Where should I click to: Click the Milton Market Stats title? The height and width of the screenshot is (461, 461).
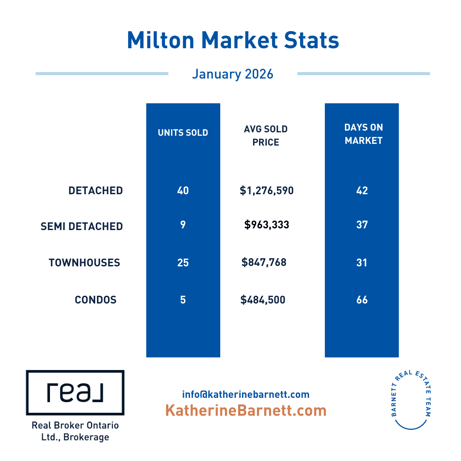pyautogui.click(x=233, y=40)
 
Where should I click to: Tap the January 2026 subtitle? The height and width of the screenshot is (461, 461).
pyautogui.click(x=233, y=74)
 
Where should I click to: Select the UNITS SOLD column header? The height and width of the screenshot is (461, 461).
pyautogui.click(x=183, y=133)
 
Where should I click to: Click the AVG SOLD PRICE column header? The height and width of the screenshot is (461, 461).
pyautogui.click(x=266, y=136)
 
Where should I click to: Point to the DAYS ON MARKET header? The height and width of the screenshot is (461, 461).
pyautogui.click(x=364, y=134)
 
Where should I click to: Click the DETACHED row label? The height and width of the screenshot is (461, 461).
pyautogui.click(x=96, y=190)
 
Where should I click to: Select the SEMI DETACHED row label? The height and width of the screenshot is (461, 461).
pyautogui.click(x=82, y=226)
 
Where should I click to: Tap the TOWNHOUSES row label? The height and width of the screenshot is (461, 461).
pyautogui.click(x=85, y=263)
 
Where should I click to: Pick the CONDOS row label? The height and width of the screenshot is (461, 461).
pyautogui.click(x=96, y=300)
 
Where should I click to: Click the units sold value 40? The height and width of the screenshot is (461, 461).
pyautogui.click(x=183, y=190)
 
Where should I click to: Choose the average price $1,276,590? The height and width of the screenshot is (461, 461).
pyautogui.click(x=267, y=190)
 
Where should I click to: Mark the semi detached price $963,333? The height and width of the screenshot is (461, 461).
pyautogui.click(x=267, y=225)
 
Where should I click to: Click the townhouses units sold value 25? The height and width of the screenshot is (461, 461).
pyautogui.click(x=183, y=263)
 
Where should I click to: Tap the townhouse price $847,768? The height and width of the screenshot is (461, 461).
pyautogui.click(x=264, y=262)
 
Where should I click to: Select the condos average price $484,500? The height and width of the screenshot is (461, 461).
pyautogui.click(x=263, y=300)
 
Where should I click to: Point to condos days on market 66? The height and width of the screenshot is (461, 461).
pyautogui.click(x=362, y=300)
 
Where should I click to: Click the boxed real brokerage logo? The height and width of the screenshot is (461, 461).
pyautogui.click(x=75, y=393)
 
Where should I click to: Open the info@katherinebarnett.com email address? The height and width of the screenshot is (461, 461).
pyautogui.click(x=246, y=394)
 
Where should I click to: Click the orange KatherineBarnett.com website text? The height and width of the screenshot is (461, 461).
pyautogui.click(x=246, y=411)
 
